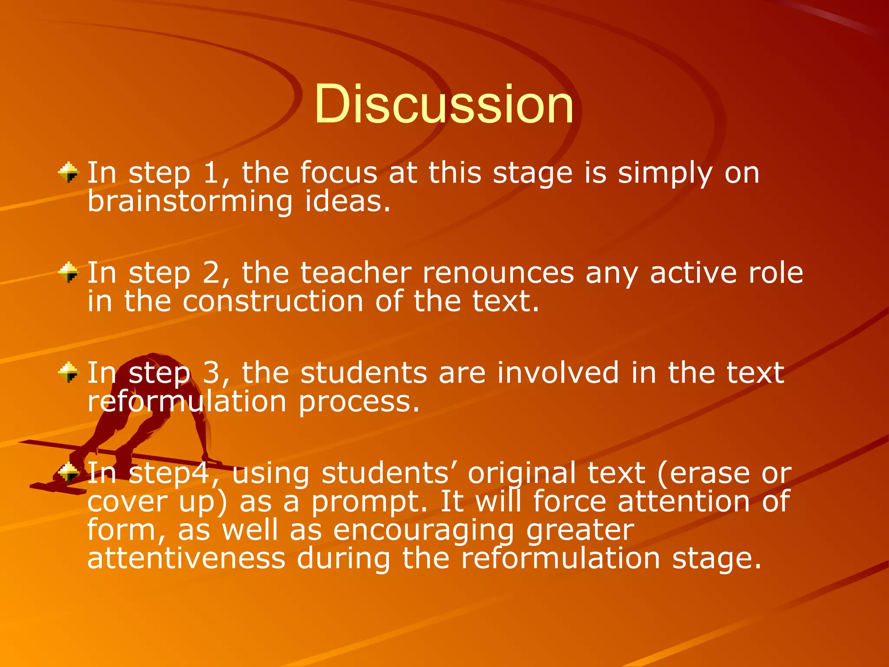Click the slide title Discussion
click(x=444, y=104)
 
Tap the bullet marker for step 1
click(x=69, y=172)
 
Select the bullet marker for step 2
click(x=69, y=273)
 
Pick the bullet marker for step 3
click(x=69, y=373)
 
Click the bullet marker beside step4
click(x=69, y=472)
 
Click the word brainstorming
click(x=190, y=202)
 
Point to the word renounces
click(x=498, y=274)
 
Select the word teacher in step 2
click(x=356, y=274)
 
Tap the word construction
click(x=273, y=301)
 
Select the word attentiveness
click(x=186, y=558)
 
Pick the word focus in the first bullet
click(x=339, y=173)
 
